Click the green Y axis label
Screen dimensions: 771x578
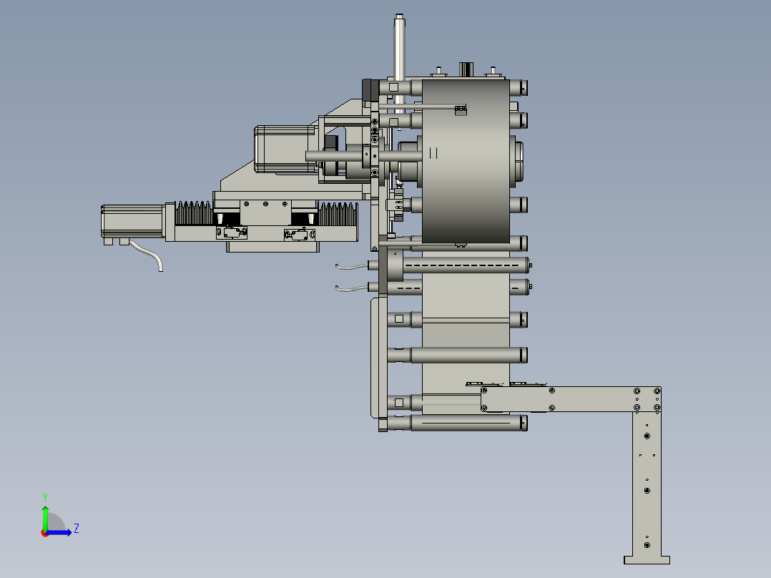(x=45, y=497)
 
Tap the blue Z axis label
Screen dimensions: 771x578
(x=77, y=529)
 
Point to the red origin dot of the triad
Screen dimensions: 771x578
(x=45, y=533)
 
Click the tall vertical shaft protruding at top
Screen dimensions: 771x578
(x=399, y=64)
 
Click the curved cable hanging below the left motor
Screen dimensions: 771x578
(x=147, y=255)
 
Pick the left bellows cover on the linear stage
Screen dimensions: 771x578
(x=194, y=213)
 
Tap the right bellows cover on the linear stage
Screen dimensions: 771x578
(x=338, y=214)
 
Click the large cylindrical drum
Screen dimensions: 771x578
(x=466, y=162)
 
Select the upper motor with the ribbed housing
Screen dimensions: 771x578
(x=285, y=150)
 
